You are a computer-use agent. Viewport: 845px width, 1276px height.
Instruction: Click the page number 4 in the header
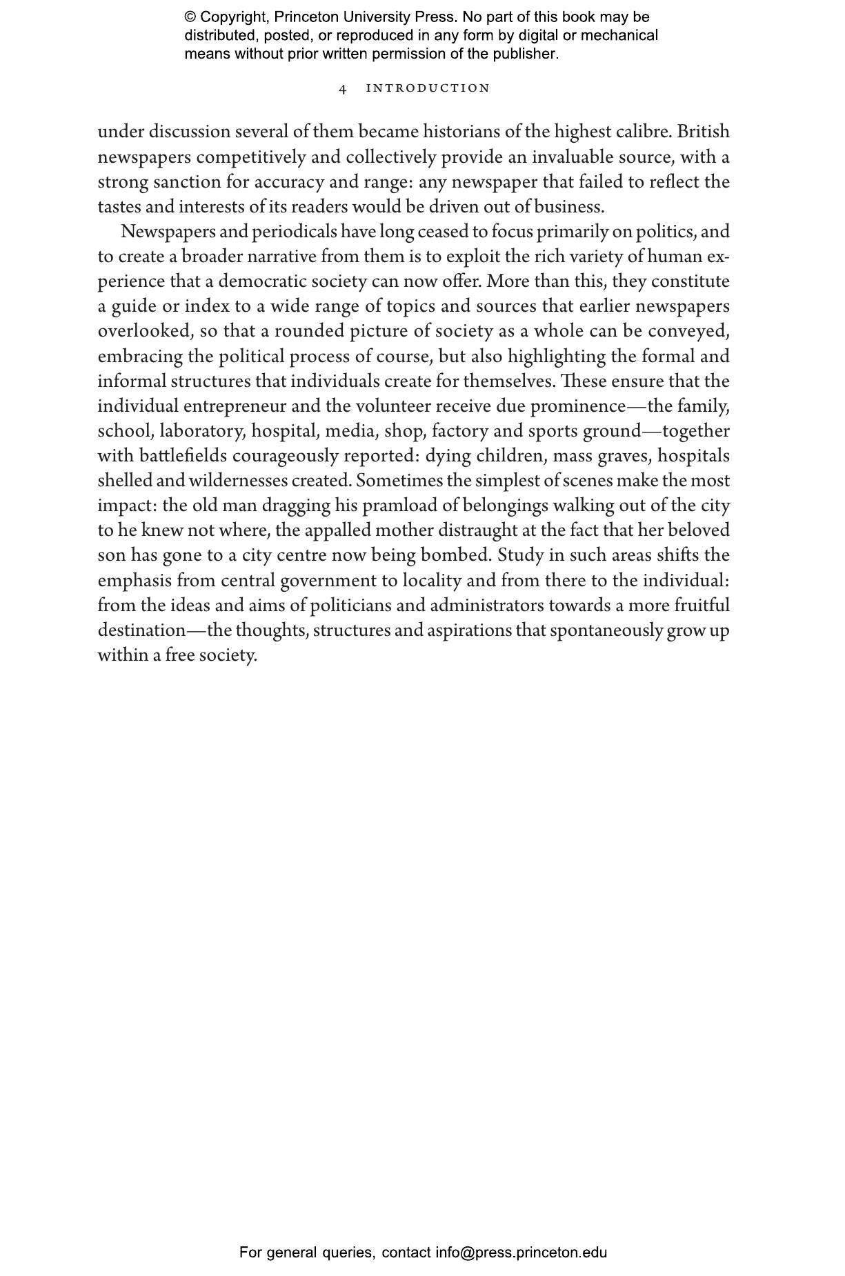click(343, 89)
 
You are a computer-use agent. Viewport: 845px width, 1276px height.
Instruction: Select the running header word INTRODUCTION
click(428, 88)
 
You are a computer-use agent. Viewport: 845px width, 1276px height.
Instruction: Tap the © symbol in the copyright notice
click(190, 17)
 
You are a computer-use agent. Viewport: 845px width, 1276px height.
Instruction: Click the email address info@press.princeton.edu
click(521, 1252)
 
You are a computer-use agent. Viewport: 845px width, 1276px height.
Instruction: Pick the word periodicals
click(295, 232)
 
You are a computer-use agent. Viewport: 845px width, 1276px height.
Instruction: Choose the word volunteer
click(392, 406)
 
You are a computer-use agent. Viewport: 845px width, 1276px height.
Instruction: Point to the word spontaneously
click(606, 630)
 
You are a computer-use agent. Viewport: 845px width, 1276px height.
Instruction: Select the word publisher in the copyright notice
click(524, 54)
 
